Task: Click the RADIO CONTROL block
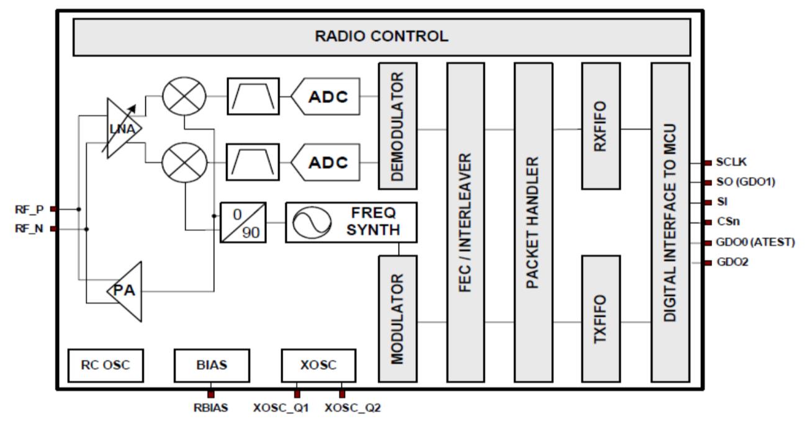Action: point(382,37)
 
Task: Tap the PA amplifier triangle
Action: point(125,291)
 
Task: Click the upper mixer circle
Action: point(184,96)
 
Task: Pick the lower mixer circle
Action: point(184,163)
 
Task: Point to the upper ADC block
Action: point(326,96)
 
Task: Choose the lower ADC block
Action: point(326,163)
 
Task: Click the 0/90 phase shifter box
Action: point(243,222)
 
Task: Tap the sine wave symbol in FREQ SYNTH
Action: point(312,222)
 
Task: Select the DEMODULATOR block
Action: point(398,126)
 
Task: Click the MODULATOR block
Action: point(398,319)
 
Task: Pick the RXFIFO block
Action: point(601,126)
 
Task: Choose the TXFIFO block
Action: point(601,319)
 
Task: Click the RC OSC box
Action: point(106,365)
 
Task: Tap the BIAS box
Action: point(212,365)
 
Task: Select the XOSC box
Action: point(318,365)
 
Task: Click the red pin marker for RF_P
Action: point(53,209)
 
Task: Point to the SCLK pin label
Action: point(731,162)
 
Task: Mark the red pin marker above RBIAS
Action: point(211,394)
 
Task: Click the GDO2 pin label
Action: point(733,262)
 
